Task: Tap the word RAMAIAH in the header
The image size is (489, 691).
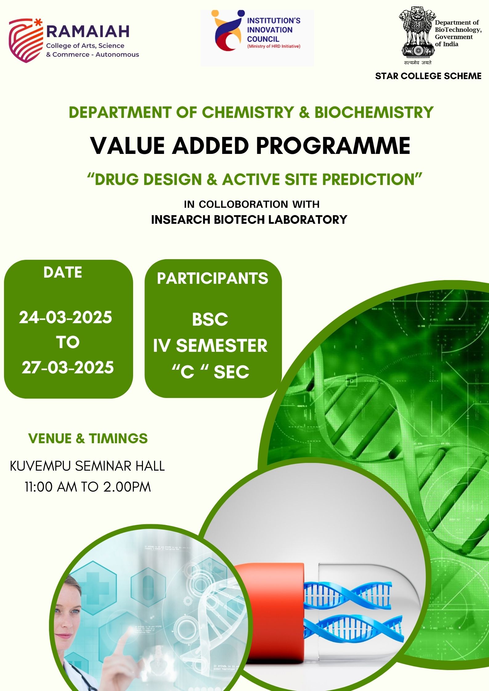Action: point(88,31)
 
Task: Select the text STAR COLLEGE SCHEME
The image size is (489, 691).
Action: point(428,76)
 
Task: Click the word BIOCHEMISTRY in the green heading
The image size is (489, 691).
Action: point(374,112)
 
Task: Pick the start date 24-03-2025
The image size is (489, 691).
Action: point(66,317)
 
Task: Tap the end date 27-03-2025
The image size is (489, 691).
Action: point(68,367)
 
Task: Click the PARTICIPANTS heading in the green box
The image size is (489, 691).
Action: point(213,278)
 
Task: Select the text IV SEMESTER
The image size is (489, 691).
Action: point(210,345)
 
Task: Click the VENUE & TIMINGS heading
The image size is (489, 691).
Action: point(88,438)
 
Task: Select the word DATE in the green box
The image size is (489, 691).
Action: point(63,272)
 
